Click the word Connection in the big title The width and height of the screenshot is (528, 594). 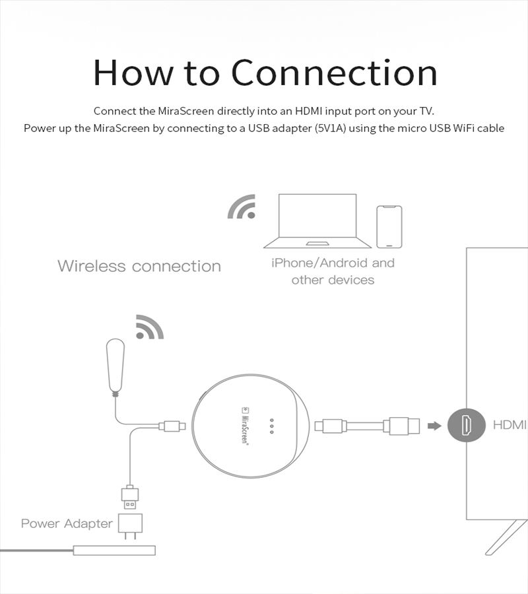(x=334, y=73)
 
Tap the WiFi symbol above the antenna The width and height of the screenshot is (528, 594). (x=149, y=327)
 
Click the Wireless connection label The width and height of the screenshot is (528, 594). (x=139, y=266)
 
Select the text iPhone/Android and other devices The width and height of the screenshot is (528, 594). (x=333, y=271)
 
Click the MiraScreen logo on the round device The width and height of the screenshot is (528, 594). (x=243, y=426)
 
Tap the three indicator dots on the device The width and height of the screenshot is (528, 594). (x=271, y=426)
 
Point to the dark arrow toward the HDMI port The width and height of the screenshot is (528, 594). (x=434, y=426)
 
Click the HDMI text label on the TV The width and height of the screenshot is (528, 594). (x=510, y=425)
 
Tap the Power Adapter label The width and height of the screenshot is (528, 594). (x=67, y=523)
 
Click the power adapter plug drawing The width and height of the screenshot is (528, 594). (x=129, y=525)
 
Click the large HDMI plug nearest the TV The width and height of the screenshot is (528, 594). (x=404, y=426)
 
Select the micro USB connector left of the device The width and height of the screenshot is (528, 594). (x=172, y=426)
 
